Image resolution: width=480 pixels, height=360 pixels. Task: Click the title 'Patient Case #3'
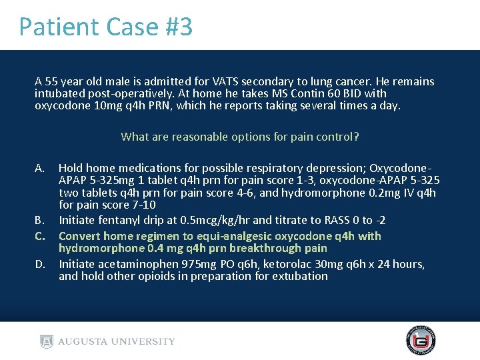pyautogui.click(x=105, y=27)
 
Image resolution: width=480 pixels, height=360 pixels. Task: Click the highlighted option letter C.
pyautogui.click(x=41, y=236)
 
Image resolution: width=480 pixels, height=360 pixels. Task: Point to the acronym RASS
pyautogui.click(x=323, y=220)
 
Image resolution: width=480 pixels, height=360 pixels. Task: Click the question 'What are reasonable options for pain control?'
pyautogui.click(x=240, y=137)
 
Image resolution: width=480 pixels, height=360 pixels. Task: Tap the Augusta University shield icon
pyautogui.click(x=46, y=341)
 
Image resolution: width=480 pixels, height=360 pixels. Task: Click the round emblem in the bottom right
pyautogui.click(x=421, y=341)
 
